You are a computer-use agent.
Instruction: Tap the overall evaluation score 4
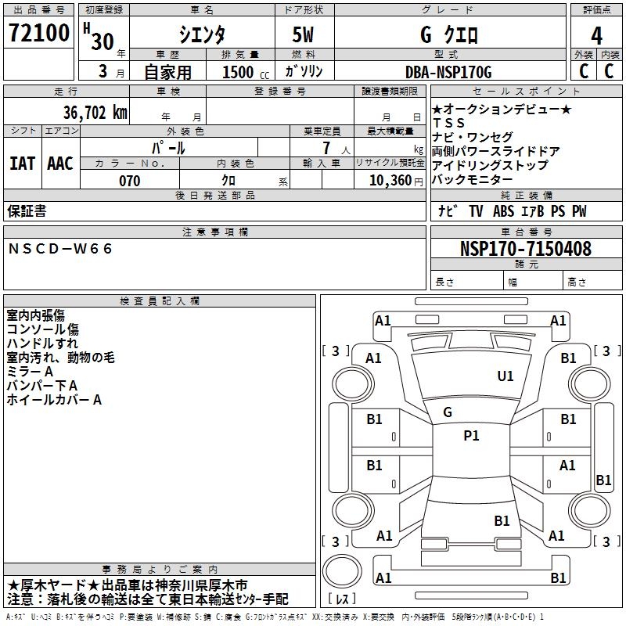(x=596, y=34)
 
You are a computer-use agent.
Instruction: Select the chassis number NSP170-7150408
(x=525, y=249)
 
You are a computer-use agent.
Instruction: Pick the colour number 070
(x=129, y=181)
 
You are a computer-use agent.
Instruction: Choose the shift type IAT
(x=23, y=163)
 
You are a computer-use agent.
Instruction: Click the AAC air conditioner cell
(x=59, y=163)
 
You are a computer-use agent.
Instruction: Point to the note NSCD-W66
(x=60, y=249)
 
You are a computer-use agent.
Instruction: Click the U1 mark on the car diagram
(x=505, y=376)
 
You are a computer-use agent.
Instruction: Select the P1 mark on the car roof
(x=471, y=436)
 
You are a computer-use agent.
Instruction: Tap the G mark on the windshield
(x=448, y=412)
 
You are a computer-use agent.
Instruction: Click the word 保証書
(x=27, y=211)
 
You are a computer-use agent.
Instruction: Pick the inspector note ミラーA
(x=30, y=372)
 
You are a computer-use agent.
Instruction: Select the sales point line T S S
(x=448, y=123)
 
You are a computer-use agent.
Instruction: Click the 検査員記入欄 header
(x=160, y=301)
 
